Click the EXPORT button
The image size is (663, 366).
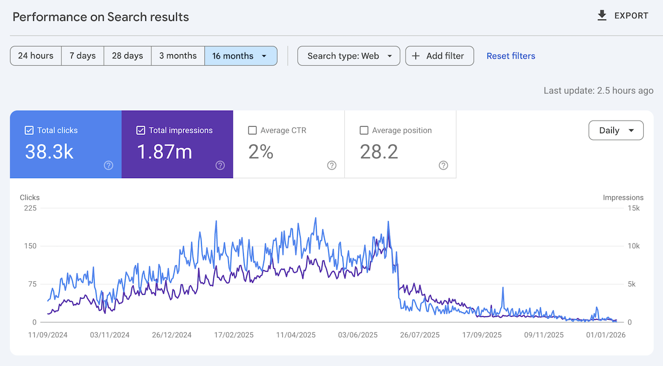623,16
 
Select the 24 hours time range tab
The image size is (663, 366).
36,56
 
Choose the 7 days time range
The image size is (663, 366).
82,56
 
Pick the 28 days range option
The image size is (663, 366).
127,56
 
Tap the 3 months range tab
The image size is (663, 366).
178,56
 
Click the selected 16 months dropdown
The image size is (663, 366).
240,56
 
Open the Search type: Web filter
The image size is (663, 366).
349,56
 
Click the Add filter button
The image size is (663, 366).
439,56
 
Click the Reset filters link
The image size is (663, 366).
511,56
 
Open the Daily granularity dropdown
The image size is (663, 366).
616,130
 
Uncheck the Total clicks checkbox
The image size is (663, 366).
30,130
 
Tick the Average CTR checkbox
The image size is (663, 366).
252,130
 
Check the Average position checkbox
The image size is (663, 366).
364,130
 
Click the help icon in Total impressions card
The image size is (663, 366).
220,165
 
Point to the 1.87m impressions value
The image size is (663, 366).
164,151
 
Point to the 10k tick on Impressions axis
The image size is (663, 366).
634,246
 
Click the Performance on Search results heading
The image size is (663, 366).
101,17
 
